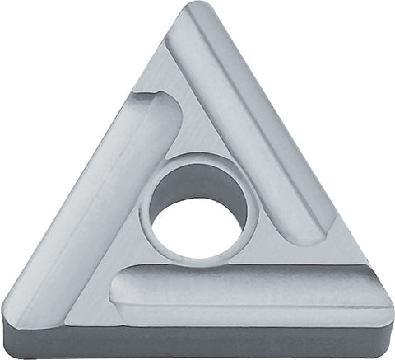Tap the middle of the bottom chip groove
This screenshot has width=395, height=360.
point(247,290)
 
